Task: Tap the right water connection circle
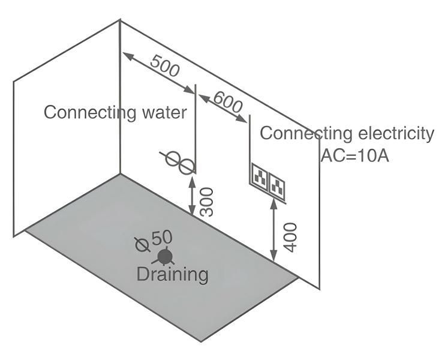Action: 187,165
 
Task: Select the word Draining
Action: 173,275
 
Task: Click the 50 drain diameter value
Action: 162,238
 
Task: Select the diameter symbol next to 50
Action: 142,243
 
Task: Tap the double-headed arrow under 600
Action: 222,108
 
